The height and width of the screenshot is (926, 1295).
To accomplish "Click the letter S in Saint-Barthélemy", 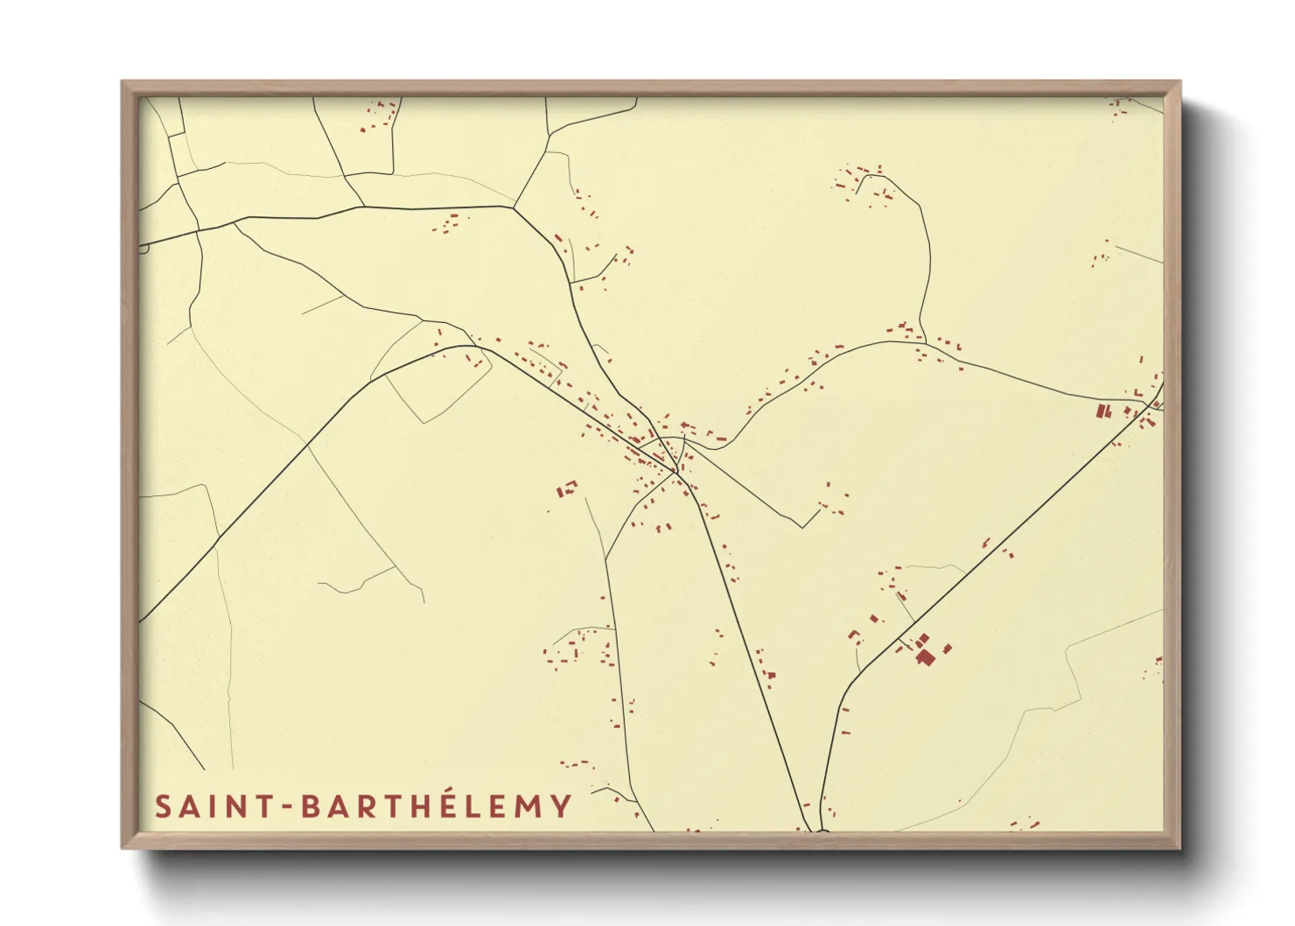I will [x=163, y=806].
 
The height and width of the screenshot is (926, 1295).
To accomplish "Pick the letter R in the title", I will [x=360, y=806].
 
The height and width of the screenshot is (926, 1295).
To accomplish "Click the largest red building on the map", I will [x=924, y=655].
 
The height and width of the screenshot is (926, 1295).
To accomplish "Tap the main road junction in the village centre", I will [x=676, y=473].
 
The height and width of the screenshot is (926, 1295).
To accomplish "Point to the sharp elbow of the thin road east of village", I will [x=803, y=527].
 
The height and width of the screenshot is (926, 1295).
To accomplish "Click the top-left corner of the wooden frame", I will [x=122, y=82].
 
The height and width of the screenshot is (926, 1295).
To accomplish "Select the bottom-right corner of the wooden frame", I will [x=1179, y=847].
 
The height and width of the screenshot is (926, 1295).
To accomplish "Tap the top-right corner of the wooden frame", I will [x=1179, y=82].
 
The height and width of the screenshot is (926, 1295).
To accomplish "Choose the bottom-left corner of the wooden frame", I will [x=122, y=847].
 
